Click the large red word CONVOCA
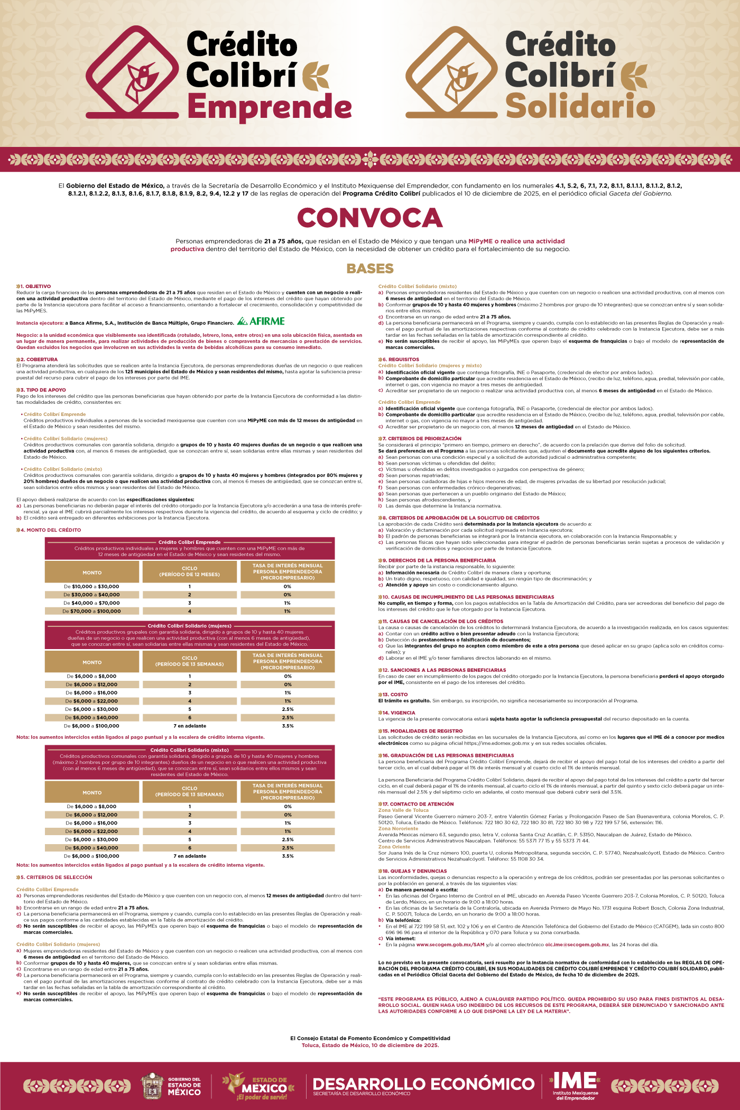(x=369, y=218)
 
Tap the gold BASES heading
(x=370, y=269)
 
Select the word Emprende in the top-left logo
(x=269, y=108)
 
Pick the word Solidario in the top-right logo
(x=580, y=107)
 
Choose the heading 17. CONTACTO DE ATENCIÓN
(x=418, y=804)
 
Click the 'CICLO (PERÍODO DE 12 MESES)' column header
(x=190, y=571)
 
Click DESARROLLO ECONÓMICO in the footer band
(x=423, y=1083)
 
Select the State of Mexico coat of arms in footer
(x=152, y=1086)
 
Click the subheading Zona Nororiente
(x=398, y=829)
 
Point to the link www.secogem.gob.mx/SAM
(x=450, y=945)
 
